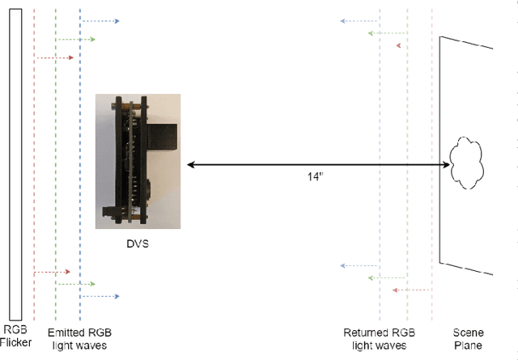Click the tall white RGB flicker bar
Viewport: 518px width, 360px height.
pos(15,162)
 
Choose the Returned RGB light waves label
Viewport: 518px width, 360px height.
pos(378,338)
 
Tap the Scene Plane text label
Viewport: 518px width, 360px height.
pos(468,338)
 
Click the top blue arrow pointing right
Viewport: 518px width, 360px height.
pos(100,21)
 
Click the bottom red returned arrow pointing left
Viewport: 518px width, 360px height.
pos(410,289)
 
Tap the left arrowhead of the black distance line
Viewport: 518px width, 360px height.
pos(190,165)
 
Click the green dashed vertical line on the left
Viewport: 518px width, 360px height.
pos(55,162)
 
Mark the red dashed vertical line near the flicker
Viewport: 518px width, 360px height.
pos(34,162)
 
